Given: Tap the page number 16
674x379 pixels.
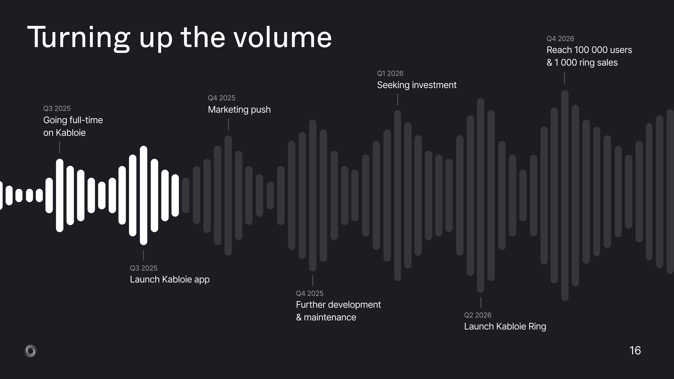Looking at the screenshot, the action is (x=635, y=351).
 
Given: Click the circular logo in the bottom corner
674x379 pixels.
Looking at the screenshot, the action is (x=30, y=351).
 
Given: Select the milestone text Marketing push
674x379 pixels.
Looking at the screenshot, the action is (x=239, y=110).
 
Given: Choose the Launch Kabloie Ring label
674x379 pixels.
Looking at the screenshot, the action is (x=505, y=326).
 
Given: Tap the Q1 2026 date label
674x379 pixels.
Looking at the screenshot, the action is (x=390, y=73).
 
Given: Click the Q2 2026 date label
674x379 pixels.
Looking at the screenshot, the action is (x=478, y=315).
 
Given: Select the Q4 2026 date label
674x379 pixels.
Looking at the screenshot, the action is (x=560, y=39).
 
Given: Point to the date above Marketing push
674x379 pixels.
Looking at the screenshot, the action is (x=221, y=98).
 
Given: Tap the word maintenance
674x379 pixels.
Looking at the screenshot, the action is (x=330, y=317).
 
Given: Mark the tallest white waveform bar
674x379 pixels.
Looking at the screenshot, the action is (x=143, y=195).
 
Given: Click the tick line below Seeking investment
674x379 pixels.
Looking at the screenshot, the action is (x=398, y=99).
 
